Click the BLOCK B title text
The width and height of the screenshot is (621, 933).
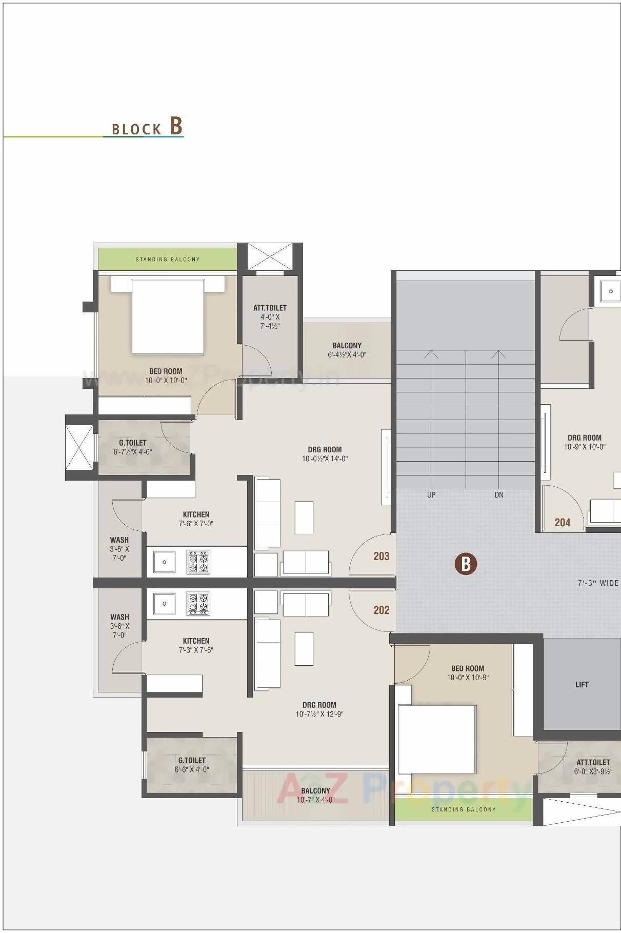tap(147, 127)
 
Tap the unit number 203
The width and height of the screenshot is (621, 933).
tap(381, 556)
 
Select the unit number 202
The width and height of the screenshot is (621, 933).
tap(381, 610)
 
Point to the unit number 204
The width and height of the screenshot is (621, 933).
tap(562, 522)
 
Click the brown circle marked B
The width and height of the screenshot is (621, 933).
tap(466, 564)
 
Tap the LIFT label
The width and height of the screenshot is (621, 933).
tap(582, 684)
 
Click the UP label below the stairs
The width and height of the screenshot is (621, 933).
tap(431, 495)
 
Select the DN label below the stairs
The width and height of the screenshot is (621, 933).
tap(498, 495)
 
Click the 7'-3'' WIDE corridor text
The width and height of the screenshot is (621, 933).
tap(598, 583)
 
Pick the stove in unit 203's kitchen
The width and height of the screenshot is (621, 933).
tap(198, 562)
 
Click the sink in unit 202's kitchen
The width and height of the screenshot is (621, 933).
tap(164, 604)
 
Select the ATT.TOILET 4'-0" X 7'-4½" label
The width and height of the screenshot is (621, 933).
tap(270, 316)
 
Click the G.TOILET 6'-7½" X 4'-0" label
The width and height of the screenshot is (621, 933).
tap(132, 447)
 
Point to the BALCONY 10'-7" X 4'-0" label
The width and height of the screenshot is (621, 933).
tap(315, 795)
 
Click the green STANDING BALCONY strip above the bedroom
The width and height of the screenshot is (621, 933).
tap(167, 259)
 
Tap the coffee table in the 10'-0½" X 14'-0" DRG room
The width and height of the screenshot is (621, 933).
tap(304, 518)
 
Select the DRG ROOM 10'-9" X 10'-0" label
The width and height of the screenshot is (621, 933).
tap(584, 442)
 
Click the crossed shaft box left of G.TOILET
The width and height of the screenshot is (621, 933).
tap(79, 447)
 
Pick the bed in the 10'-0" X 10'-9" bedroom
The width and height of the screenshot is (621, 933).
tap(436, 739)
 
